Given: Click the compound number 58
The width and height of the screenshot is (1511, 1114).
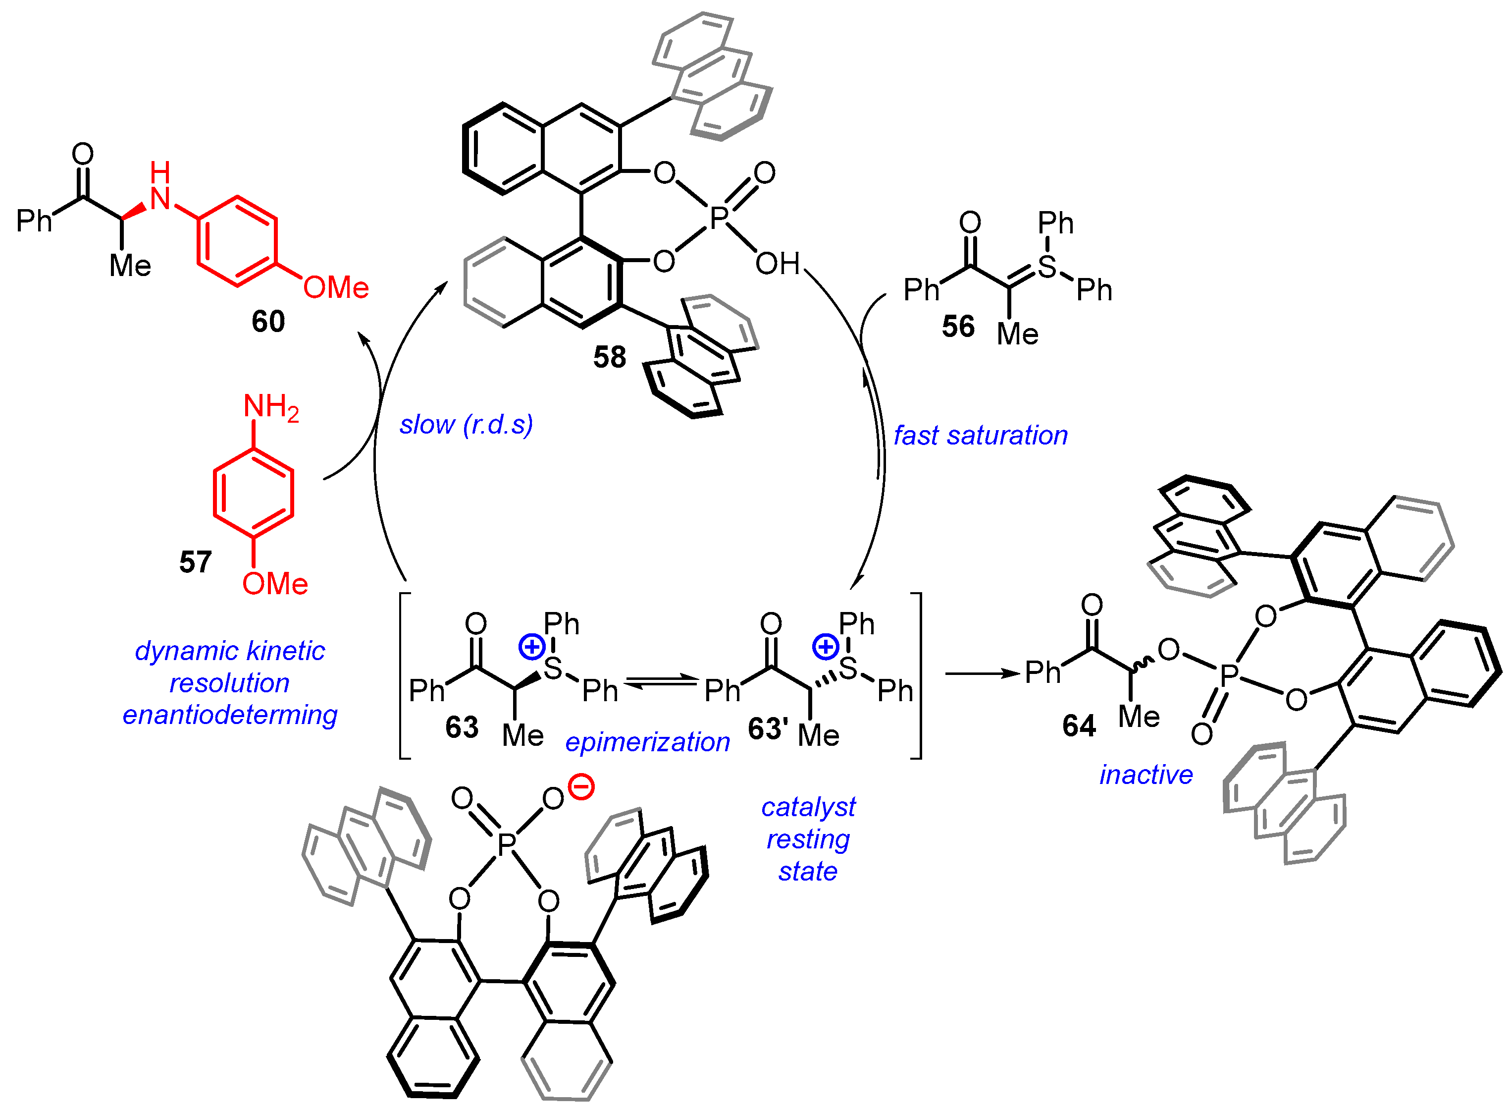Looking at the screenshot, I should pos(609,357).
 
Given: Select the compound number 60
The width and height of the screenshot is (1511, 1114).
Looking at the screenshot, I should pos(268,321).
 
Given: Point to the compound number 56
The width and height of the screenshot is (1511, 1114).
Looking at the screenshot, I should pos(958,327).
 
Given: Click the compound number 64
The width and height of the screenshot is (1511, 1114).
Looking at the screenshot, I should pos(1079,725).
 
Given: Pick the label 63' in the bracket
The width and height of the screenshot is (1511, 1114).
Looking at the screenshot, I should pos(768,729).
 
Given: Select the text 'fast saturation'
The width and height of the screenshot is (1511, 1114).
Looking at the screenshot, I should pos(981,436).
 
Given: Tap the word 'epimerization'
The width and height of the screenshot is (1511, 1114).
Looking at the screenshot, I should pos(648,742).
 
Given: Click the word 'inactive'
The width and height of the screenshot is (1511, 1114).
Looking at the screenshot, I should pos(1146,775).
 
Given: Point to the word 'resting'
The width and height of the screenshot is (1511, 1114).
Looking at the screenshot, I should pos(808,839).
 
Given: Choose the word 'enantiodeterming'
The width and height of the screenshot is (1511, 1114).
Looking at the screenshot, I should pos(230,715).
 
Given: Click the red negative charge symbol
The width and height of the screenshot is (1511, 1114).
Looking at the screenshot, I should pos(581,787).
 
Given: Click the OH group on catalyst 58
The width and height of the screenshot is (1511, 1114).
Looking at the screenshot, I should pos(777,264).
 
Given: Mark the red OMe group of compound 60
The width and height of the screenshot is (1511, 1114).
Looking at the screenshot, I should pos(336,288).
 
